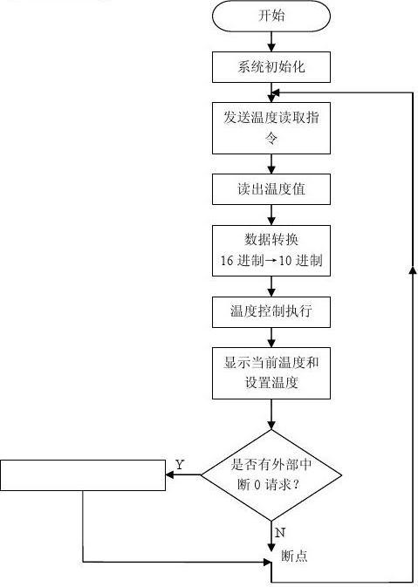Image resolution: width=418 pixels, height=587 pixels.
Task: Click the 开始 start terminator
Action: click(x=271, y=16)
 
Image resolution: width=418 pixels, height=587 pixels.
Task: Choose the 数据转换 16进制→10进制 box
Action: click(x=271, y=249)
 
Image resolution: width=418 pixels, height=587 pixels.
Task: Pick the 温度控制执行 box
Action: click(x=271, y=310)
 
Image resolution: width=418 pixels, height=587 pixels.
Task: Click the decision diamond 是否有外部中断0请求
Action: click(x=271, y=475)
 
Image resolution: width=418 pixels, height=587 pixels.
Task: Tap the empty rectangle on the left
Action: click(x=83, y=475)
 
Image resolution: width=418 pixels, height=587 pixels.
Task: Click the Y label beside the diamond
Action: click(x=180, y=465)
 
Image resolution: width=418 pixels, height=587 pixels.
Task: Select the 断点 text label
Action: click(x=294, y=556)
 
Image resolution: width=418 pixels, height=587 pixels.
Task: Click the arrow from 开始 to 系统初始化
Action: click(x=271, y=40)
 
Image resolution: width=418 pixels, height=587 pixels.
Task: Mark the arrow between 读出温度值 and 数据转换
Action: click(x=271, y=214)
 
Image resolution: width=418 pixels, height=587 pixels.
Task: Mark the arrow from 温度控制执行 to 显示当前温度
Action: click(x=271, y=336)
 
